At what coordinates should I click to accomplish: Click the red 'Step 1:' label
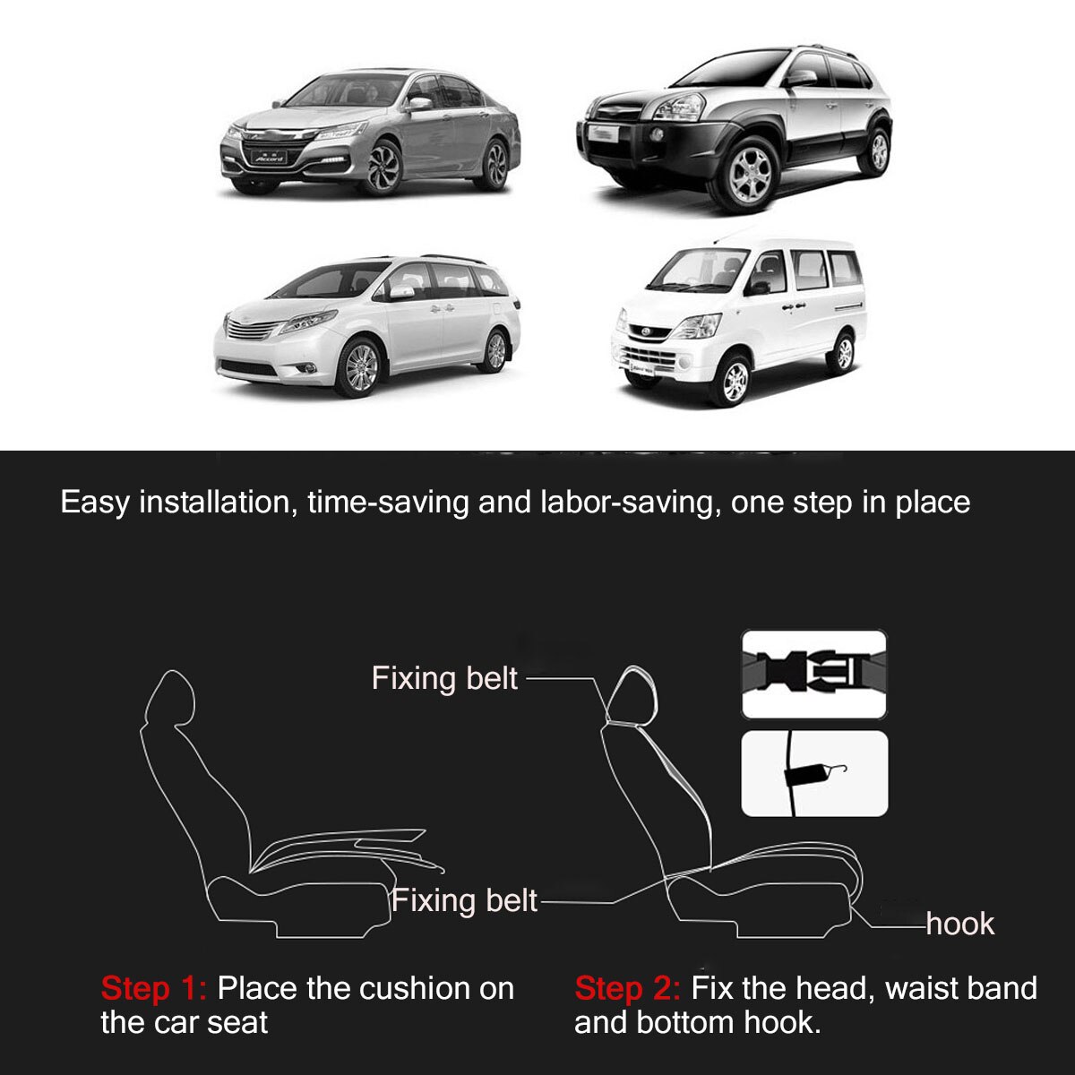click(x=153, y=989)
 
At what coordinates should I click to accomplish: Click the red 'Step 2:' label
click(x=627, y=989)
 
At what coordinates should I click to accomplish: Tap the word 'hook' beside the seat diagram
click(x=959, y=924)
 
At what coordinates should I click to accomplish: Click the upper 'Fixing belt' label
click(x=444, y=678)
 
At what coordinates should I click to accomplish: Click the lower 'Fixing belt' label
click(x=465, y=899)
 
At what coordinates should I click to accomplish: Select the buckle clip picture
click(x=813, y=674)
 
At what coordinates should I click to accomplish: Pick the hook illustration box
click(x=813, y=773)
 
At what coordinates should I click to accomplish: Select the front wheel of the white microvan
click(x=734, y=380)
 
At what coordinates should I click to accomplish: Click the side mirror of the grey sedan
click(x=418, y=105)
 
